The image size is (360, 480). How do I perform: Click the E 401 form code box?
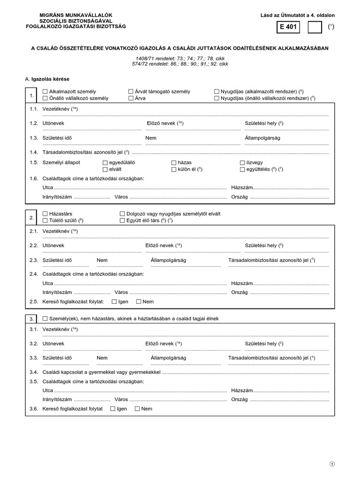click(288, 28)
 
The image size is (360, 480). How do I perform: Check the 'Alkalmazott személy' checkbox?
click(45, 92)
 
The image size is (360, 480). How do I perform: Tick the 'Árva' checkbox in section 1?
click(131, 98)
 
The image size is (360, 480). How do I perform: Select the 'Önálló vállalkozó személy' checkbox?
click(45, 98)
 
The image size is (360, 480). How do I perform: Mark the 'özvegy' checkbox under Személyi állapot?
click(242, 162)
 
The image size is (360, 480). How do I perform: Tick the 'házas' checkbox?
click(174, 162)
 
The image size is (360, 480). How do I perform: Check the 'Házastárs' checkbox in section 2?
click(45, 214)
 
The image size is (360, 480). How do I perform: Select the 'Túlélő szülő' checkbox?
click(45, 220)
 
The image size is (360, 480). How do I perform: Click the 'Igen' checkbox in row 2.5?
click(114, 301)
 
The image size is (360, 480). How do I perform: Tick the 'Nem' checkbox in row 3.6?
click(137, 409)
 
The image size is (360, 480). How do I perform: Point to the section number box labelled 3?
click(31, 319)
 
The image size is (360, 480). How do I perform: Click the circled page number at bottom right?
click(332, 464)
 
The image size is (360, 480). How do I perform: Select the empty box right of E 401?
click(315, 28)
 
